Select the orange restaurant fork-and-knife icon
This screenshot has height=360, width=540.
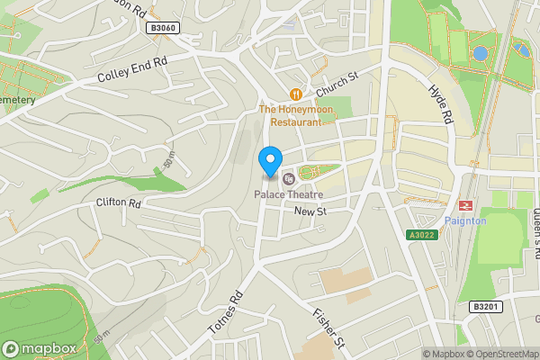point(294,94)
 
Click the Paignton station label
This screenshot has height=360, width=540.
point(465,221)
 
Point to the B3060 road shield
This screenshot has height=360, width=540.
point(163,29)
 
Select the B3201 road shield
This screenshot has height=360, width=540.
point(484,307)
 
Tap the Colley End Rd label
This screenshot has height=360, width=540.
point(133,72)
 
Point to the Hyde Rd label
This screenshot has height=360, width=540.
point(440,104)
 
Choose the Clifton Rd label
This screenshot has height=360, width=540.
point(119,203)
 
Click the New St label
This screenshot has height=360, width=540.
point(309,211)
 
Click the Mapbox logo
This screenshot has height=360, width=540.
point(39,348)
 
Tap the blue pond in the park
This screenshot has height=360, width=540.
point(481,53)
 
